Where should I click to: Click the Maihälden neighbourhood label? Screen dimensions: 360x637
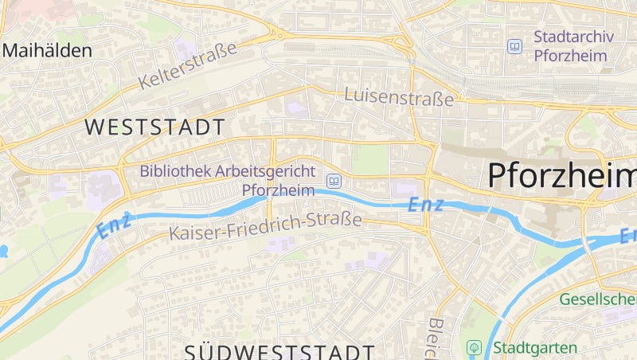click(x=47, y=50)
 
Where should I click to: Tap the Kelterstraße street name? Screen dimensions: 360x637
click(x=188, y=65)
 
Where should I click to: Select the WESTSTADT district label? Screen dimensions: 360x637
click(x=154, y=127)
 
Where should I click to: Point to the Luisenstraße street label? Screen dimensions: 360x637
click(x=399, y=96)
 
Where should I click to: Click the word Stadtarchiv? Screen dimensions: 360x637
click(x=570, y=37)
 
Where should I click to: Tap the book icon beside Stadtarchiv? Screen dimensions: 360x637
click(x=515, y=47)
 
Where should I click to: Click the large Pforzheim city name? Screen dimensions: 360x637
click(x=561, y=174)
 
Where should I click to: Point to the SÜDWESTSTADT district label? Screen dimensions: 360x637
click(x=279, y=350)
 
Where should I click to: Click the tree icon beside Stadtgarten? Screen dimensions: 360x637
click(x=474, y=348)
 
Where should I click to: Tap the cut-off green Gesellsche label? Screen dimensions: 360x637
click(x=598, y=299)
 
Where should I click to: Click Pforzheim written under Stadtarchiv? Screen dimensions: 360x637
click(x=570, y=56)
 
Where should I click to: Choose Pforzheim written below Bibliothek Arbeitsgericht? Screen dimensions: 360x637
click(x=278, y=190)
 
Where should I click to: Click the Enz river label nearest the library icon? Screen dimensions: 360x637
click(x=426, y=204)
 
